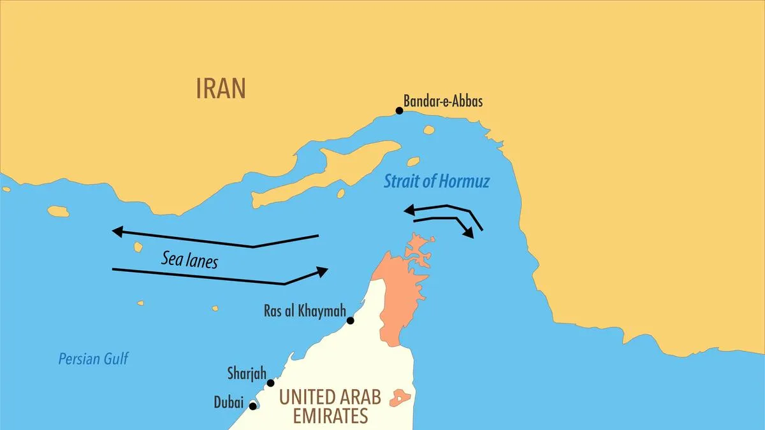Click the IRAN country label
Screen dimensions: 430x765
click(x=221, y=89)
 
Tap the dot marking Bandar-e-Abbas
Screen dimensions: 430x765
click(x=400, y=111)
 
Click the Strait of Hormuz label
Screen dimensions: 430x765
click(x=437, y=182)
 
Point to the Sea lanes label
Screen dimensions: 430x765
click(x=189, y=259)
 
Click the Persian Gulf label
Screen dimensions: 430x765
click(x=93, y=359)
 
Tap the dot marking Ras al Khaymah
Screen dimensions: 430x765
click(x=350, y=320)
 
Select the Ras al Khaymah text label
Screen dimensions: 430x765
click(x=305, y=312)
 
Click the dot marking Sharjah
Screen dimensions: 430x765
click(x=271, y=383)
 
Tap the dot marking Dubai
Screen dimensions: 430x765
click(x=253, y=406)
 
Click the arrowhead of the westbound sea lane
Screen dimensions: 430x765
click(x=117, y=231)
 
